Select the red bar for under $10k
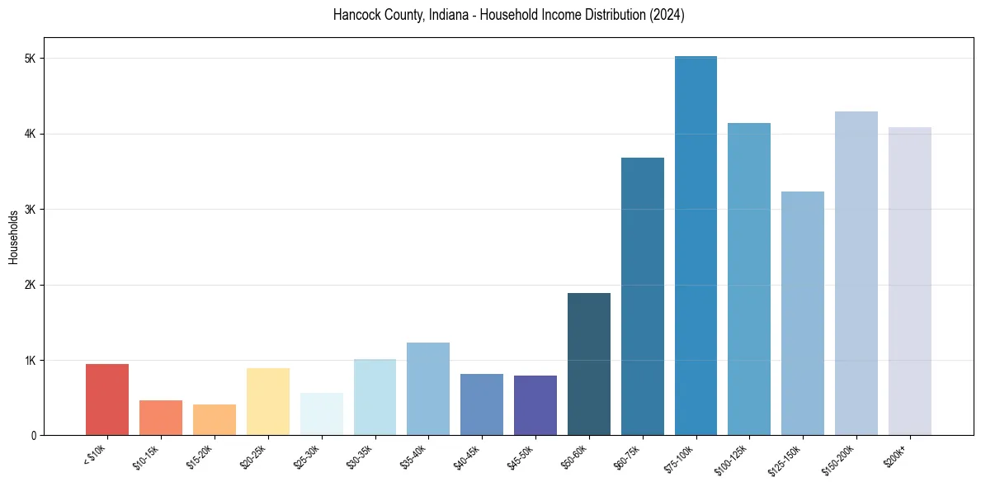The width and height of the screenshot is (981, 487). click(107, 400)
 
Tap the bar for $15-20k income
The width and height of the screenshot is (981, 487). click(215, 419)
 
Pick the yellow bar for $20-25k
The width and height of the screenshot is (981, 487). click(268, 401)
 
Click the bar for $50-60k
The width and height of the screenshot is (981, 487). click(589, 364)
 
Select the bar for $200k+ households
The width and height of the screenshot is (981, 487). click(910, 281)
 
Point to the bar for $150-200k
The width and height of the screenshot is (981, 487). click(856, 273)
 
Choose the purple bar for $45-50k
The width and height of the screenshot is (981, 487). click(535, 405)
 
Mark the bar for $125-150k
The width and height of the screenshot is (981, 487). click(803, 313)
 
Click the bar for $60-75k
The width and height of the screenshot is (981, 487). click(643, 296)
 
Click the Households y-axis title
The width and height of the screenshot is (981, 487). click(14, 237)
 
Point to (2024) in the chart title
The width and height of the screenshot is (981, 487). click(667, 16)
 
